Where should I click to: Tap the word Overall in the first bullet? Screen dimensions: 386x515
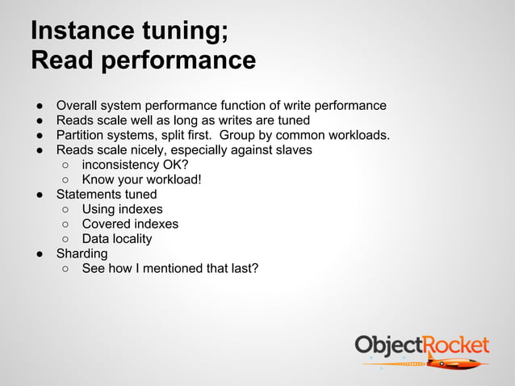tap(78, 105)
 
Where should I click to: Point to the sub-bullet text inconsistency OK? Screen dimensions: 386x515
tap(135, 165)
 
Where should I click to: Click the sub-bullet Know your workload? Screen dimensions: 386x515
tap(141, 179)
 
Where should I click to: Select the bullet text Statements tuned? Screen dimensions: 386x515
tap(106, 195)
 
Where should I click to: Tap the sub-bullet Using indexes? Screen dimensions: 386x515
tap(122, 209)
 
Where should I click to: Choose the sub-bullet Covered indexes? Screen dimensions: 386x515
tap(130, 224)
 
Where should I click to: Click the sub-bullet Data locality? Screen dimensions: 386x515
tap(117, 239)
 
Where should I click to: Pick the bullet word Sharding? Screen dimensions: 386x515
tap(82, 254)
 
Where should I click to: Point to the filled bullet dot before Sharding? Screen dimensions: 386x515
tap(38, 254)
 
